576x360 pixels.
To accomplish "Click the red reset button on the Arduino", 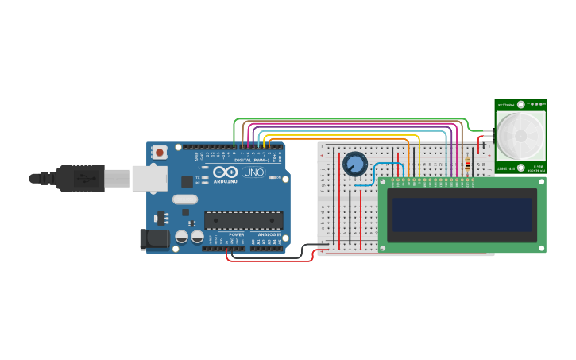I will [x=160, y=151].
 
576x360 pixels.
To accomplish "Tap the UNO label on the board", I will [x=253, y=172].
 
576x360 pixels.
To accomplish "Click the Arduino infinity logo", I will [x=226, y=172].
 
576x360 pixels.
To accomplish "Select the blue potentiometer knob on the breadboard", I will [x=355, y=164].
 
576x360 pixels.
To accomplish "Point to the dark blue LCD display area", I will [x=462, y=215].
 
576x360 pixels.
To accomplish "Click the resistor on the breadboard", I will [x=467, y=165].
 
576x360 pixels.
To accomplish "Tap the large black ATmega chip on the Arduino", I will [x=243, y=220].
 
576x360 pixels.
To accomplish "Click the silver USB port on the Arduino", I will [x=149, y=178].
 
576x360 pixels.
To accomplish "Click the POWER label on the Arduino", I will [x=237, y=235].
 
